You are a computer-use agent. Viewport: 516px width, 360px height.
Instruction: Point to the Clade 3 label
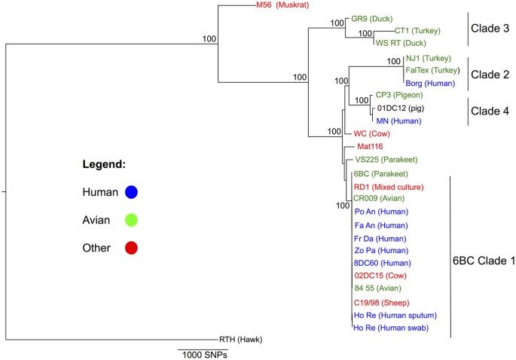[x=490, y=29]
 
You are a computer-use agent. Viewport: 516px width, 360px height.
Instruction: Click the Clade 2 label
[x=490, y=75]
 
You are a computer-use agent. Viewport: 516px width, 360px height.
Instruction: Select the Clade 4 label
[x=490, y=111]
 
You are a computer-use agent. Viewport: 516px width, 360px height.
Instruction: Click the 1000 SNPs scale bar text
[x=204, y=354]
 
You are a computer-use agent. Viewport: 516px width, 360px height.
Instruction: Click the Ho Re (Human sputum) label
[x=395, y=315]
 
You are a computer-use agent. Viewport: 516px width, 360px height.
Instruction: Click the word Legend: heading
[x=104, y=163]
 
